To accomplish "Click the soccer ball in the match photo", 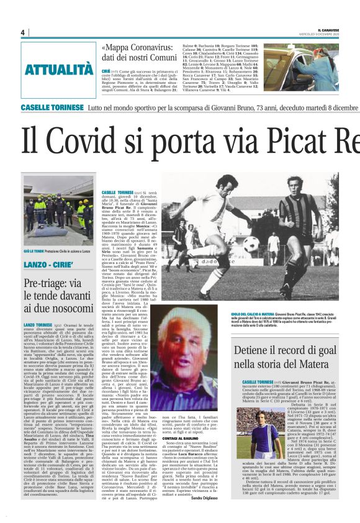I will pos(251,243).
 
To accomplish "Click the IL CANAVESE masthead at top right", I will pos(338,29).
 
